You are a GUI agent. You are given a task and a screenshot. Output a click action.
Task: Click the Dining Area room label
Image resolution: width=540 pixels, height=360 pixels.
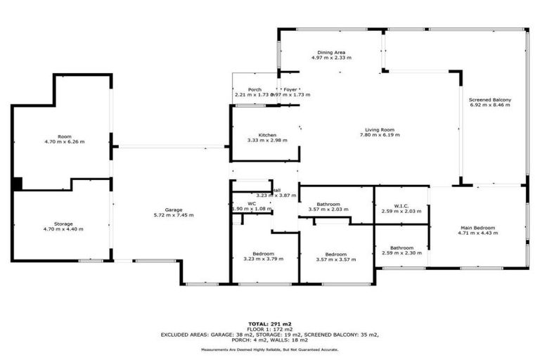pyautogui.click(x=330, y=52)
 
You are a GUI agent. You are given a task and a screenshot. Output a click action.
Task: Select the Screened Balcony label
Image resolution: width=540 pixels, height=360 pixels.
pyautogui.click(x=490, y=100)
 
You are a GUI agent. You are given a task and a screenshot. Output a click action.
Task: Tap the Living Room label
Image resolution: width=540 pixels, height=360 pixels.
pyautogui.click(x=379, y=129)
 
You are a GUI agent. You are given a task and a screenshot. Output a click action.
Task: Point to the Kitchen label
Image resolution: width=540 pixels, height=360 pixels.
pyautogui.click(x=266, y=135)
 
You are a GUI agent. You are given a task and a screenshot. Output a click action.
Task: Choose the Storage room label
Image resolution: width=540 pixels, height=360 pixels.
pyautogui.click(x=64, y=224)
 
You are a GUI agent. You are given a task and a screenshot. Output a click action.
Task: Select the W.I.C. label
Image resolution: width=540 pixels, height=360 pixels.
pyautogui.click(x=401, y=206)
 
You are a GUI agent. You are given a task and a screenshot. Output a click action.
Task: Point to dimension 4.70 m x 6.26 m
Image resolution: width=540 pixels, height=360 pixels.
pyautogui.click(x=64, y=141)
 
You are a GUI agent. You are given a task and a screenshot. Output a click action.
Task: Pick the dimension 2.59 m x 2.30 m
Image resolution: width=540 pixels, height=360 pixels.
pyautogui.click(x=401, y=252)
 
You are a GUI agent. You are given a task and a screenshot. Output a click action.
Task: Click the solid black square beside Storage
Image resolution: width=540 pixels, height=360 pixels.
pyautogui.click(x=17, y=184)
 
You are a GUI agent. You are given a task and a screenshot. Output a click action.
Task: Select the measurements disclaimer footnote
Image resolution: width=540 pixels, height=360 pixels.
pyautogui.click(x=270, y=348)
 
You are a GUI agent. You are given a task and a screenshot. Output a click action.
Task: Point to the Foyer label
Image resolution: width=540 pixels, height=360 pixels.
pyautogui.click(x=290, y=90)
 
